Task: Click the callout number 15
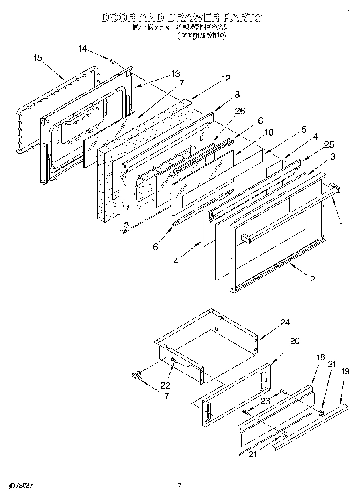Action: click(37, 58)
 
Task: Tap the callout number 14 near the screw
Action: click(82, 49)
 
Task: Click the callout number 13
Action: click(175, 73)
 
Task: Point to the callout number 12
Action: click(226, 79)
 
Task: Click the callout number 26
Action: click(240, 111)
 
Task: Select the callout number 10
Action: click(268, 132)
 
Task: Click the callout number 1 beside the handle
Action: click(341, 225)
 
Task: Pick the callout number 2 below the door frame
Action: click(312, 280)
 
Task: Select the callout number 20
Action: click(295, 341)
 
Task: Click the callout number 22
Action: click(165, 385)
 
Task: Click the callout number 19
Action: click(345, 371)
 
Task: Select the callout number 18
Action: click(320, 358)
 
